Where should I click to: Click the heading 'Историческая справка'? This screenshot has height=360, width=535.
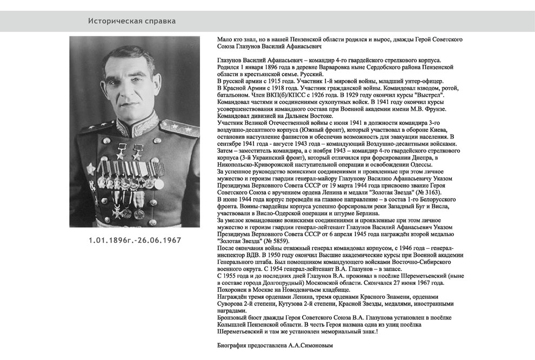point(132,21)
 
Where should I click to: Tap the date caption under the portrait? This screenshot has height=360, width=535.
point(135,240)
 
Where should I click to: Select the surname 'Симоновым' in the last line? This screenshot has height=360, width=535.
point(316,345)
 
